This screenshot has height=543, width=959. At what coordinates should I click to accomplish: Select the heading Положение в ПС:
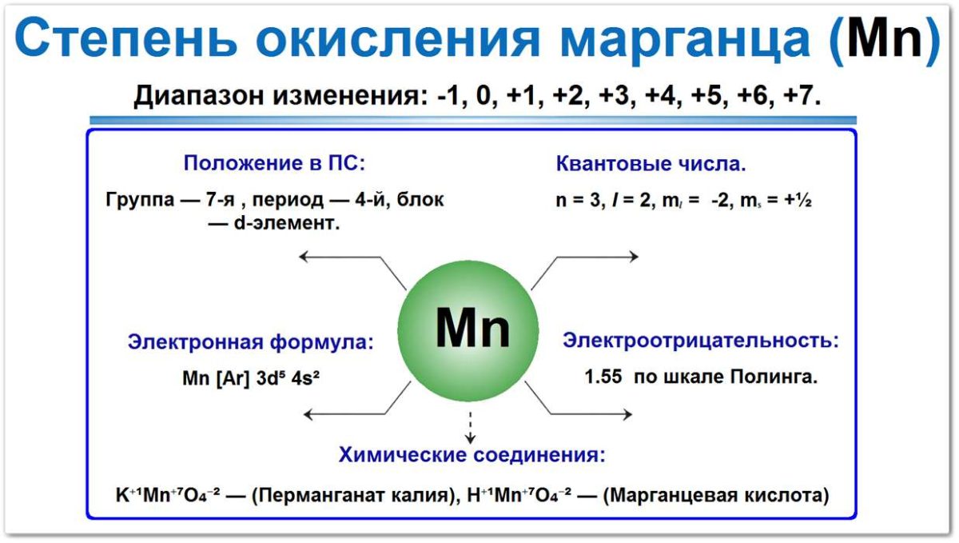click(x=274, y=164)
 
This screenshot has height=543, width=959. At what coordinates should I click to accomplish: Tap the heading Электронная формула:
click(x=250, y=343)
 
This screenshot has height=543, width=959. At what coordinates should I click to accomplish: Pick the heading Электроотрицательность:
click(x=701, y=341)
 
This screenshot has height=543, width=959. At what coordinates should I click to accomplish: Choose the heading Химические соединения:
click(x=472, y=456)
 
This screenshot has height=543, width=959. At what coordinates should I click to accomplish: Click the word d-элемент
click(x=285, y=224)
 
